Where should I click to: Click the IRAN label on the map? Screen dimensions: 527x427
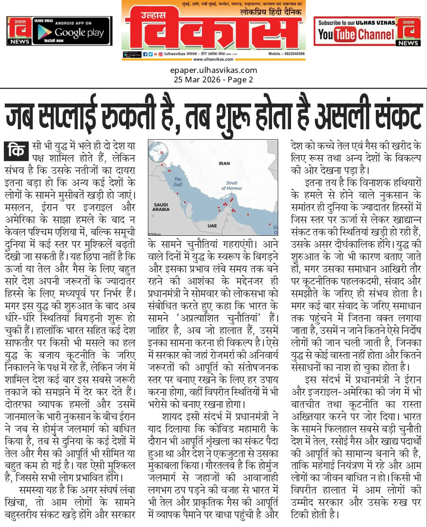coord(224,163)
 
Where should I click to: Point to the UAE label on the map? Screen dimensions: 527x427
coord(212,226)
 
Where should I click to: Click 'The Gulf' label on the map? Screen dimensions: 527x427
coord(178,181)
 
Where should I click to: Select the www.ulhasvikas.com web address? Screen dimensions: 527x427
coord(214,59)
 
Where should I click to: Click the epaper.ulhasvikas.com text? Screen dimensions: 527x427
coord(213,71)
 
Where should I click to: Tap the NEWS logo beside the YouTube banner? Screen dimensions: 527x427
coord(408,31)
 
